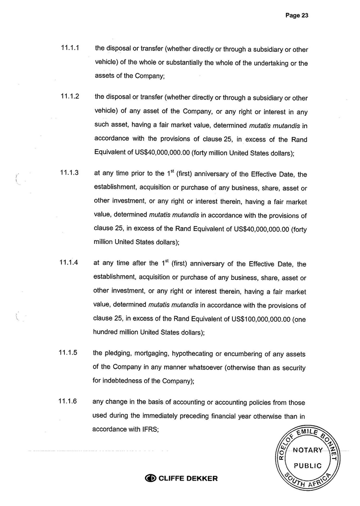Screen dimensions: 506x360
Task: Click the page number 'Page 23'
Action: [297, 15]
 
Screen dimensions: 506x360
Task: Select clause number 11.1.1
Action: [70, 49]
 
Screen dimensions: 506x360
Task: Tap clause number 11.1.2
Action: [70, 96]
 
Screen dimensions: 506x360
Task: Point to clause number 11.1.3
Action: [70, 172]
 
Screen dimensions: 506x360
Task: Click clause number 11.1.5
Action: [68, 353]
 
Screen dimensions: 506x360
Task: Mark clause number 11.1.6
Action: [68, 402]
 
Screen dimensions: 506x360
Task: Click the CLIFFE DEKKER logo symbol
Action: [150, 478]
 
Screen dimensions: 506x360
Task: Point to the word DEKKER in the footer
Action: [202, 478]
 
